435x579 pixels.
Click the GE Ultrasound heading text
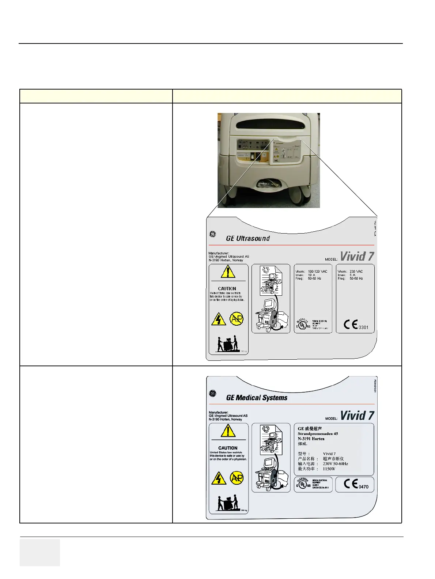pos(248,239)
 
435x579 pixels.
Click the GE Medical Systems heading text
pos(257,398)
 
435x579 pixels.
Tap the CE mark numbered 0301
pos(356,325)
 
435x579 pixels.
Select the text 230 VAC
pos(356,272)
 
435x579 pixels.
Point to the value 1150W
pos(329,469)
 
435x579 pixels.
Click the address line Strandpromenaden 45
pos(318,434)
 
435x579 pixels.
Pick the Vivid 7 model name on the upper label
pos(357,256)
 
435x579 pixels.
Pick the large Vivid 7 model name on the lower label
pos(357,416)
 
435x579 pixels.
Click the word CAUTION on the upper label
pos(227,289)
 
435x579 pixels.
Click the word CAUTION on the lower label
pos(228,448)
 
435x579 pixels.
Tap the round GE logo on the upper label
pos(212,234)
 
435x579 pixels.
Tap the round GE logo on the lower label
pos(212,394)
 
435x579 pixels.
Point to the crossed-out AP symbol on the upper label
pos(237,319)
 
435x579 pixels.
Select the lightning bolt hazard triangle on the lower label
pos(219,478)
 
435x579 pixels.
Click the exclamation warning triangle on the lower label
pos(228,432)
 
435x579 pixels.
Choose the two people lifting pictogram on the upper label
pos(227,345)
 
